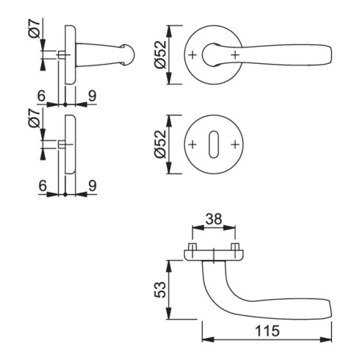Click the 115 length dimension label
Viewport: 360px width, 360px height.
point(267,331)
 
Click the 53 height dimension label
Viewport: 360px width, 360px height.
point(160,289)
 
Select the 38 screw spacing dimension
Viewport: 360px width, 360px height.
point(214,219)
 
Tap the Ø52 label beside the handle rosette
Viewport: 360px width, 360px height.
point(160,54)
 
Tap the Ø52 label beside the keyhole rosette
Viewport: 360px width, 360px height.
point(160,144)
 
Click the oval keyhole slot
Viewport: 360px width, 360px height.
point(214,145)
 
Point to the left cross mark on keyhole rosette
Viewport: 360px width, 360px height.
point(192,145)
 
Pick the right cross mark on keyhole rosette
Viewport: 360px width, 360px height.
point(235,145)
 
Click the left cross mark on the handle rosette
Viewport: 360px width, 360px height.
point(192,55)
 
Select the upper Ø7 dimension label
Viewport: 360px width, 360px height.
point(35,29)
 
